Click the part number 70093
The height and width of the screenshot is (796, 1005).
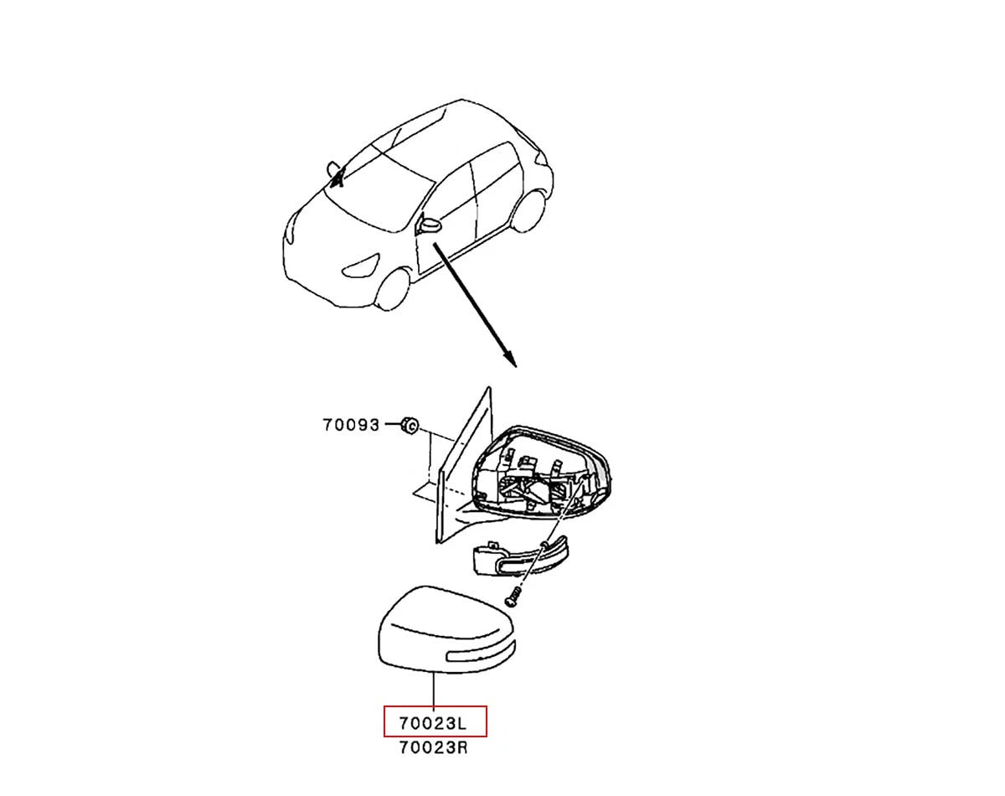click(351, 425)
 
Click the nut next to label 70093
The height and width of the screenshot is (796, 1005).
click(410, 425)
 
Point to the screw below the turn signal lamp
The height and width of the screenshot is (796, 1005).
click(513, 596)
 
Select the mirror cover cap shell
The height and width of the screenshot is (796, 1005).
click(446, 630)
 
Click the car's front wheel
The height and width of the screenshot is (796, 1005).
click(394, 290)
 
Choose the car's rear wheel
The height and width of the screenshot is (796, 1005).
click(530, 210)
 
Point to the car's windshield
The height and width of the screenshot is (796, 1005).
click(379, 195)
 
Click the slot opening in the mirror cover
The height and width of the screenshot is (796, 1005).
click(480, 652)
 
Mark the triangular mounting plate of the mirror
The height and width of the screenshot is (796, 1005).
click(462, 468)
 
